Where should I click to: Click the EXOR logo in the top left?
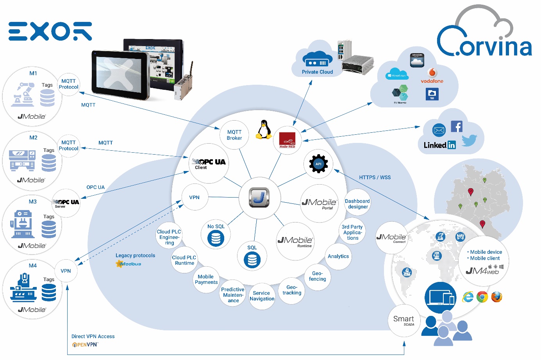(x=50, y=31)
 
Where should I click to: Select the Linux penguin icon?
(x=264, y=130)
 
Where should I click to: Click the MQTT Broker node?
(x=234, y=135)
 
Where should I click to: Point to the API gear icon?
(x=318, y=164)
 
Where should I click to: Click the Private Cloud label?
(x=317, y=72)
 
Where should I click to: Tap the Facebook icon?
(x=456, y=127)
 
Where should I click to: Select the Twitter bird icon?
(x=469, y=140)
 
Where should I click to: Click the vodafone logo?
(x=432, y=76)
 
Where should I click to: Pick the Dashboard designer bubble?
(x=357, y=204)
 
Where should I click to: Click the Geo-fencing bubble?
(x=317, y=276)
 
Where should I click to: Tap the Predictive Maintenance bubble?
(x=233, y=295)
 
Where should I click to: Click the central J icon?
(x=259, y=197)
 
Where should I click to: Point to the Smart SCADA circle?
(x=404, y=321)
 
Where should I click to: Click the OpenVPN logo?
(x=85, y=345)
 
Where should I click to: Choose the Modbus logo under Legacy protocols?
(x=129, y=264)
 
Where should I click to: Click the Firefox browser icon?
(x=496, y=297)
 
